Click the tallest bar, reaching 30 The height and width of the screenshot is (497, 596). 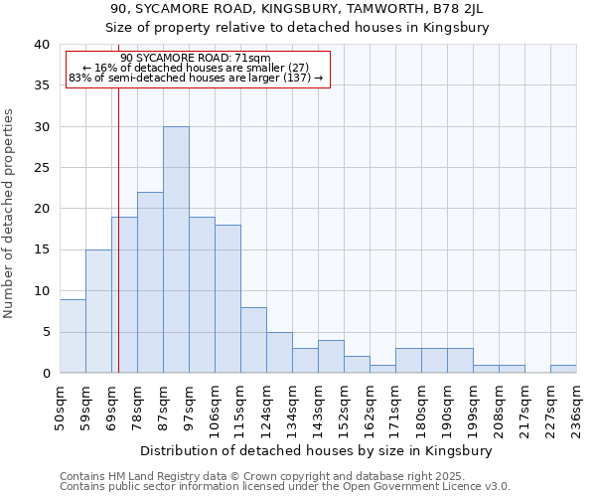(176, 249)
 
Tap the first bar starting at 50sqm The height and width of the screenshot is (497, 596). (73, 336)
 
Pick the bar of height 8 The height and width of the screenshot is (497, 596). (253, 340)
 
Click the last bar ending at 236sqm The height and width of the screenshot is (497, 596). (563, 369)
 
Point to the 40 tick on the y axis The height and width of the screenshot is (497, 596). (41, 45)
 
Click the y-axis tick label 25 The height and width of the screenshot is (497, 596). (41, 168)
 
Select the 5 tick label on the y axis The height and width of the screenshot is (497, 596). (45, 332)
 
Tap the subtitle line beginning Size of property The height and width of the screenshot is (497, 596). (297, 28)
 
